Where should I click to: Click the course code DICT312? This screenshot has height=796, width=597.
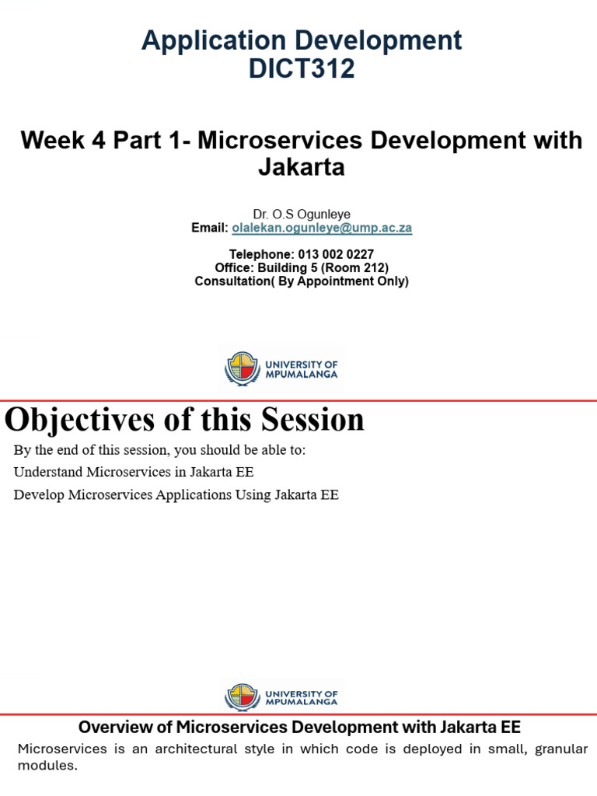[301, 69]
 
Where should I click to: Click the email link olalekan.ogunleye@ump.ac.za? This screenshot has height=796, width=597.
[321, 228]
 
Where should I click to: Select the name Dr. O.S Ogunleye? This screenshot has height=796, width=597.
[301, 214]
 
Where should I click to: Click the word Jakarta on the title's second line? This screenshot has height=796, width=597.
[301, 166]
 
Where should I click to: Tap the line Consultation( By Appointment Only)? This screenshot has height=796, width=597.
[301, 281]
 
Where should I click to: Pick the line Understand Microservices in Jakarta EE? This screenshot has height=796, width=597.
[133, 472]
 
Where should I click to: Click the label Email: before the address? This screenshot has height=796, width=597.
[209, 228]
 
